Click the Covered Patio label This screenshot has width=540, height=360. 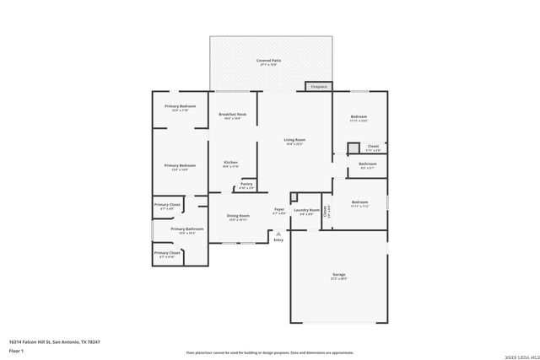269,62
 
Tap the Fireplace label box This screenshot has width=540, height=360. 319,86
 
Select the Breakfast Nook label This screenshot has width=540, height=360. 232,114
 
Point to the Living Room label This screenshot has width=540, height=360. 294,140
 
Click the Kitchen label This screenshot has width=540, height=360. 230,162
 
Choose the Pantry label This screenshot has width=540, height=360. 246,184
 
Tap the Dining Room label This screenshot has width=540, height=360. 238,216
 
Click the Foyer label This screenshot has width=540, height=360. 278,209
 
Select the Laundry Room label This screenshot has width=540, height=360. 305,210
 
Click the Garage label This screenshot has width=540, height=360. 338,275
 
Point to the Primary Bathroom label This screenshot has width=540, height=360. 187,229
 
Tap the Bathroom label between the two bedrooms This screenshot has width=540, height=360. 368,164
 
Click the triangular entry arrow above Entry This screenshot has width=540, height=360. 278,233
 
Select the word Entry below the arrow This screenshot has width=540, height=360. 278,240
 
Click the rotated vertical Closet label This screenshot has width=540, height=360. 327,212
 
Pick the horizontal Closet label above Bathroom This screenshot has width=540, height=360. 373,147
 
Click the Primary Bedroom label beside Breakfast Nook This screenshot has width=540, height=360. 180,106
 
